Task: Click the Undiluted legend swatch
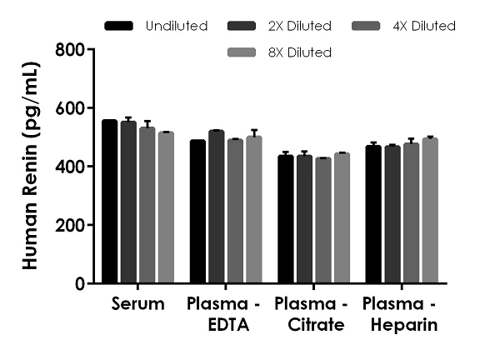[120, 27]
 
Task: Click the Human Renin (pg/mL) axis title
[29, 167]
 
